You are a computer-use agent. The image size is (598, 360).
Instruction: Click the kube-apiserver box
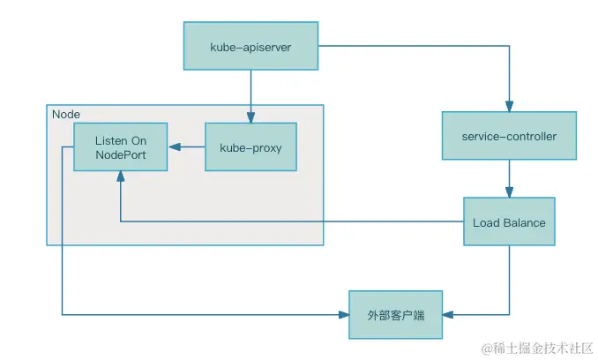250,47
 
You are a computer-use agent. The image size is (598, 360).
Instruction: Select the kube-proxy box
250,147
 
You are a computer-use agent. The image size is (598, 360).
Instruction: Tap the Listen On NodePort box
121,147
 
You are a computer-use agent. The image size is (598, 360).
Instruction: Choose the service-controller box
509,137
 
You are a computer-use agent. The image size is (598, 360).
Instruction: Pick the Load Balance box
509,222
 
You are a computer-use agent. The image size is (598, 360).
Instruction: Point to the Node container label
66,115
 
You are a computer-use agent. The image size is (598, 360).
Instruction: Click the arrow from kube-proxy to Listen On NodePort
187,147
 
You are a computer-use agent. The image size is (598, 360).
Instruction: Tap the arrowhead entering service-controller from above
509,107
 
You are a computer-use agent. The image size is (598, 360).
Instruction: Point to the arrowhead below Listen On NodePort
121,176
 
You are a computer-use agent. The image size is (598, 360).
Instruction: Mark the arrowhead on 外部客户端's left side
344,314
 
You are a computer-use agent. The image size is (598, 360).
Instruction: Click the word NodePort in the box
121,155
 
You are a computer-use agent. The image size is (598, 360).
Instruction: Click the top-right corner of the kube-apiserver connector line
509,47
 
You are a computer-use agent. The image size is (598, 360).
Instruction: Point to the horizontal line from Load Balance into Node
291,221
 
